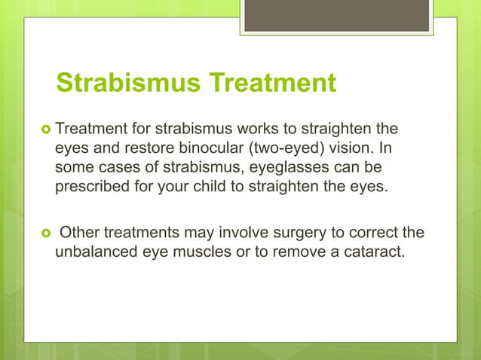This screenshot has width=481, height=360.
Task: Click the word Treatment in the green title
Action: pos(274,84)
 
